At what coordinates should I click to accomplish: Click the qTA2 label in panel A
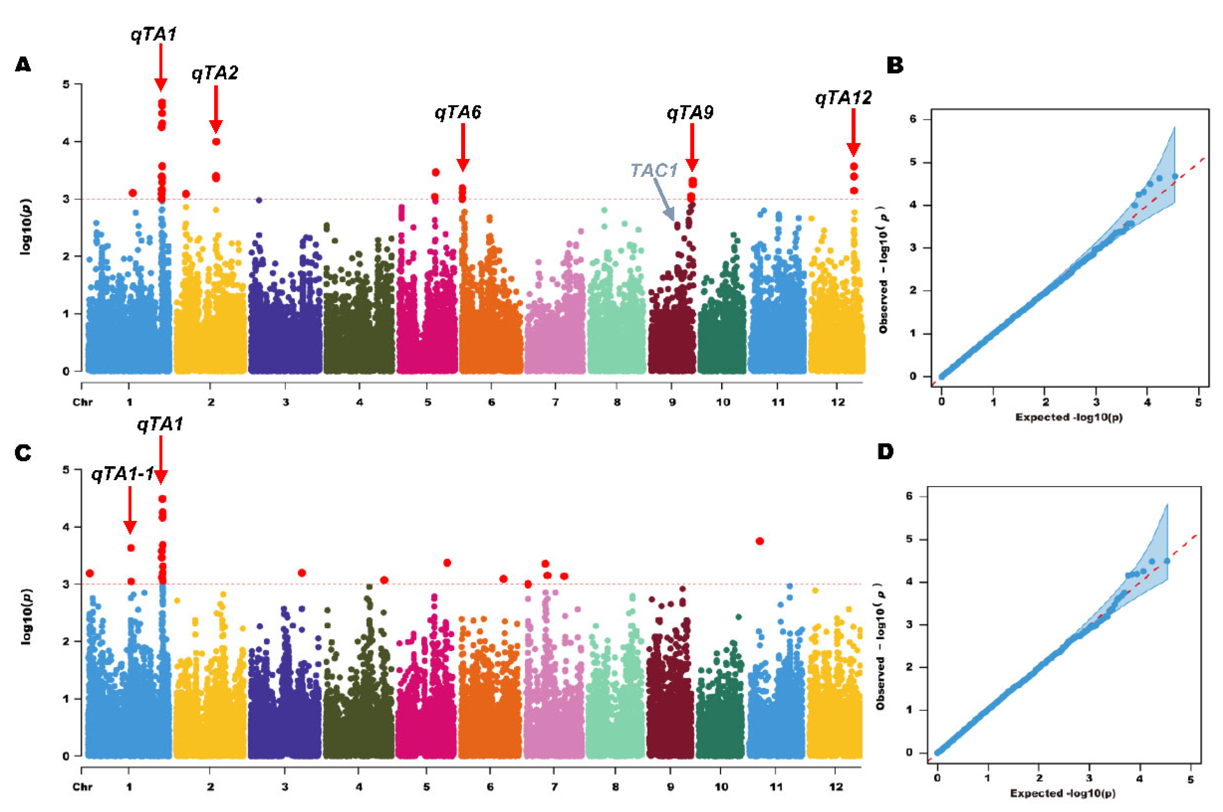(215, 73)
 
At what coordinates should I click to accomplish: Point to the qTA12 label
(843, 97)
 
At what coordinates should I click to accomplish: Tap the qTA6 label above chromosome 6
(458, 112)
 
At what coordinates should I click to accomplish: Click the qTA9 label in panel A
(689, 112)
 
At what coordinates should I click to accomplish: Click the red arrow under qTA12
(853, 132)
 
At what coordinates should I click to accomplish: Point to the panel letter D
(885, 452)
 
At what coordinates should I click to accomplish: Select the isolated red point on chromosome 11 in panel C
(760, 541)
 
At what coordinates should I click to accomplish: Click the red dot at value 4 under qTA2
(216, 142)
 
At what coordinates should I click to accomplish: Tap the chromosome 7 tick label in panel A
(555, 402)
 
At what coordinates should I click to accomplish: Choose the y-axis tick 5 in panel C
(65, 470)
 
